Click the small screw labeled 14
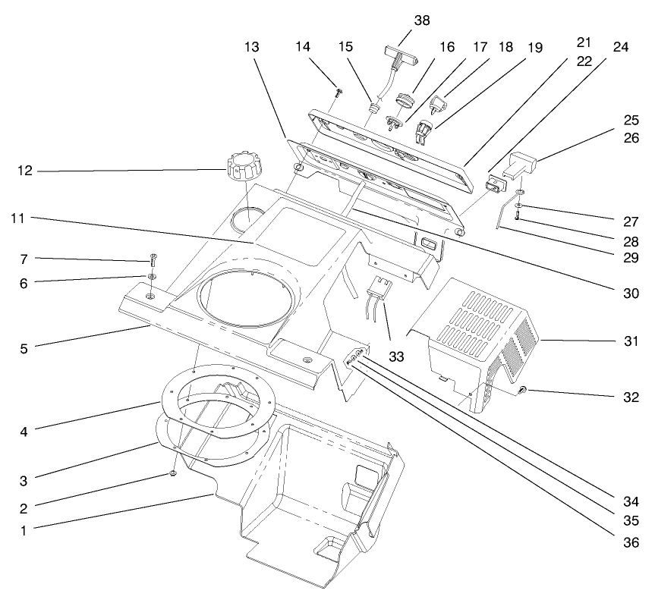(x=339, y=93)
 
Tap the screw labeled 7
(x=153, y=260)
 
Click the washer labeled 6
(x=153, y=277)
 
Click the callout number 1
(x=24, y=531)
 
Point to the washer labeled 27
(x=518, y=206)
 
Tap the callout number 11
(x=24, y=218)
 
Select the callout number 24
(x=621, y=46)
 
